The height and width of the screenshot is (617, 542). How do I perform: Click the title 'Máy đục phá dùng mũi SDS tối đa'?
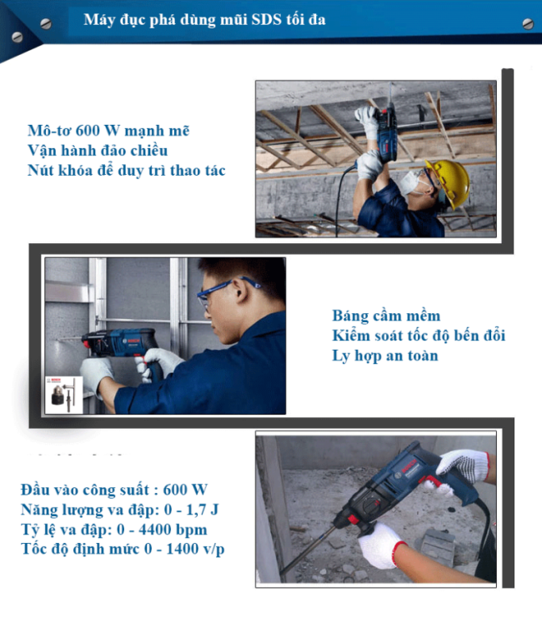click(204, 20)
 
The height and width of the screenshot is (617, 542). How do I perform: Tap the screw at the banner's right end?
click(528, 24)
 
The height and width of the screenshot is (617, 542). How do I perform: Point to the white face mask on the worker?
click(410, 182)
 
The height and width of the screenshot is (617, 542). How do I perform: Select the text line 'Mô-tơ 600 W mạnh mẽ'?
click(108, 131)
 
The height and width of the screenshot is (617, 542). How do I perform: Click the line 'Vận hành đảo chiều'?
click(98, 151)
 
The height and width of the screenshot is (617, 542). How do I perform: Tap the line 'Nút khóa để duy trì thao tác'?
click(126, 171)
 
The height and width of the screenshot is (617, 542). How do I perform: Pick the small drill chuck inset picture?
click(64, 395)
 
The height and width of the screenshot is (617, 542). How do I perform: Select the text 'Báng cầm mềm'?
click(386, 316)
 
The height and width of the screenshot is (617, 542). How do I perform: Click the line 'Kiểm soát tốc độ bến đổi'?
click(419, 336)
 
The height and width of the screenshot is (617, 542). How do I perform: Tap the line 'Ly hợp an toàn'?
click(385, 356)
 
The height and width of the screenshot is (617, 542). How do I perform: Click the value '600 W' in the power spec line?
click(185, 490)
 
